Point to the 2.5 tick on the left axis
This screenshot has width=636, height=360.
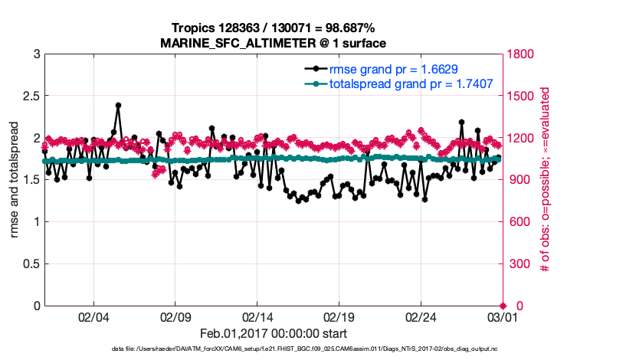pos(28,97)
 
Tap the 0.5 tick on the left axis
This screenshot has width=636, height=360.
pos(28,264)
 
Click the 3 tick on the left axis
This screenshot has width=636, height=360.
pos(35,55)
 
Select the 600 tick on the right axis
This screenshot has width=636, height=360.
pos(518,222)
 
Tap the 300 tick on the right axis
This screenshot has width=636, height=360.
pos(518,264)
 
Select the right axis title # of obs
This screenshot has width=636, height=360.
pos(545,181)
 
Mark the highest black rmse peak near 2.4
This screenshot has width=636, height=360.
pos(118,105)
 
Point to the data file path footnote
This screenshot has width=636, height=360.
pos(273,349)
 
